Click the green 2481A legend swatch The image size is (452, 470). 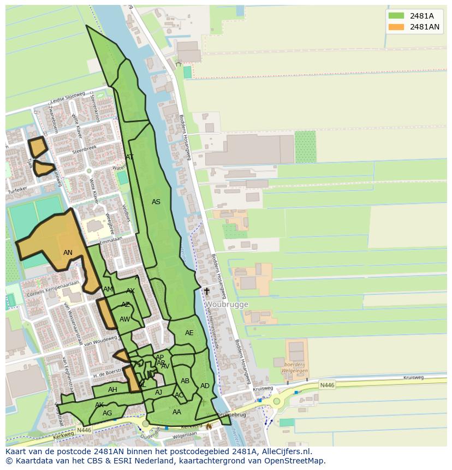tap(396, 16)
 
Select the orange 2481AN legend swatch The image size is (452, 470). tap(396, 27)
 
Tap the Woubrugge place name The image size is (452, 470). tap(227, 305)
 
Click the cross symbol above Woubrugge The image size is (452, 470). tap(207, 291)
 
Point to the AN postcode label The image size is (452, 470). tap(68, 253)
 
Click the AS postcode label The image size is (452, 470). tap(156, 202)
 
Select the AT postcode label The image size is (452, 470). tap(129, 157)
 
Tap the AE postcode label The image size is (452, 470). tap(189, 333)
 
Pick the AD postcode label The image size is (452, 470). tap(205, 386)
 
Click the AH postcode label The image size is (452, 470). tap(112, 390)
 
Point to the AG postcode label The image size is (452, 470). tap(107, 413)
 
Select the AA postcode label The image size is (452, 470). tap(176, 412)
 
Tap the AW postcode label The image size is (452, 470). tap(124, 319)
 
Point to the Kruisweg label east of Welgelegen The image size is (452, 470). tap(413, 377)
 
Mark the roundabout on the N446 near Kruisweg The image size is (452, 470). tap(277, 402)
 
